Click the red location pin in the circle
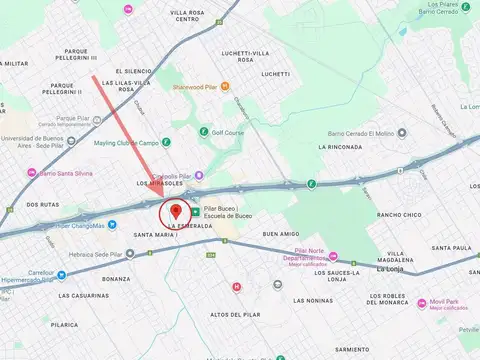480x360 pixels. [176, 210]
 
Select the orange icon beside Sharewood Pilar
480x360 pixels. [226, 87]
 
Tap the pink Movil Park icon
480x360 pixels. [422, 302]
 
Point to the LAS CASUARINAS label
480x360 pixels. [82, 296]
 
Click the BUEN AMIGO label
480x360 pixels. [282, 234]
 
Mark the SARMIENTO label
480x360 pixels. [353, 350]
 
